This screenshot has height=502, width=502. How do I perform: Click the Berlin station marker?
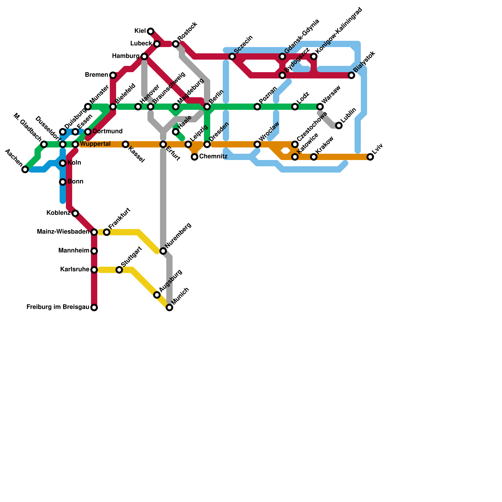coord(207,107)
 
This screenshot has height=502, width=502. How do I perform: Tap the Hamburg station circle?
coord(144,56)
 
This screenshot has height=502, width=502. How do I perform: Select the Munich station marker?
coord(169,307)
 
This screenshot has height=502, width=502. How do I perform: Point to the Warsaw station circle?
coord(320,107)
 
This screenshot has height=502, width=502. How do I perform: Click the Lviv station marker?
coord(370,157)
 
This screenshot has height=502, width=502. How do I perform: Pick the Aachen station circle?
coord(25,169)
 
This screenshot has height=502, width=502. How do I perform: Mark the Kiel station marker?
coord(151,31)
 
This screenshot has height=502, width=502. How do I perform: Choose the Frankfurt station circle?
coord(107,232)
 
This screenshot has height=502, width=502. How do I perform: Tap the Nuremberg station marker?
coord(163,251)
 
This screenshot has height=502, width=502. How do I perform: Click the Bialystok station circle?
coord(351,75)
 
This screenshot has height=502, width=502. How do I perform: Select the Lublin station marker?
coord(339,125)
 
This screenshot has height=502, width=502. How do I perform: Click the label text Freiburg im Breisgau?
coord(58,307)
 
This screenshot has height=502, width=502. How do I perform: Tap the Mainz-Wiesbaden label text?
coord(63,232)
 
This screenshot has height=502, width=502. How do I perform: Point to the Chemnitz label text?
coord(213,156)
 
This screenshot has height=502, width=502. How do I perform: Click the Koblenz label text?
coord(58,213)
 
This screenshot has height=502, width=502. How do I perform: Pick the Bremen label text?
coord(96,75)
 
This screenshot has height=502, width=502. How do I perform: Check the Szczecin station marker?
coord(232,56)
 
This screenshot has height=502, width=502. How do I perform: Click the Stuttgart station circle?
coord(119,270)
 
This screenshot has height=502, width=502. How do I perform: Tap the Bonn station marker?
coord(63,182)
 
